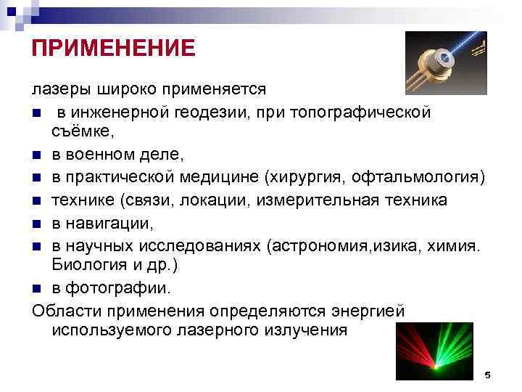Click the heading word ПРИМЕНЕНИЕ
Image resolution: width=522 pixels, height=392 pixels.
pyautogui.click(x=114, y=48)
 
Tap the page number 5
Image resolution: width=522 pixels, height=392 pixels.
pyautogui.click(x=487, y=375)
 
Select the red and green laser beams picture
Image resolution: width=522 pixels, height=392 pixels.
pyautogui.click(x=434, y=352)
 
